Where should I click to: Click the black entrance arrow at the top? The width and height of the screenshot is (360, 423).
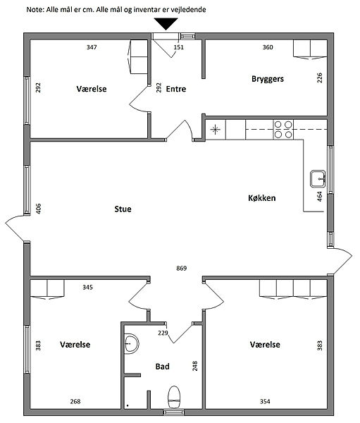click(x=166, y=23)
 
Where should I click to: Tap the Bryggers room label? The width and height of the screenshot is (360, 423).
click(x=268, y=79)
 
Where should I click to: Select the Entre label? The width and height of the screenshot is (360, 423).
click(x=176, y=89)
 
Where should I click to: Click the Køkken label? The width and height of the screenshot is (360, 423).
click(x=262, y=198)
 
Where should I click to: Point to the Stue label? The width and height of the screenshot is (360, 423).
click(x=123, y=209)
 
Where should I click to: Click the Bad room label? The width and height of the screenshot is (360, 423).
click(x=162, y=367)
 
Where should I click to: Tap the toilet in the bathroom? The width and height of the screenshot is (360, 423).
click(x=174, y=398)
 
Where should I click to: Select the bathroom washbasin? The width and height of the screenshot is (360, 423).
click(x=131, y=344)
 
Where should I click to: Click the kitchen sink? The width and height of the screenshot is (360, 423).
click(x=318, y=178)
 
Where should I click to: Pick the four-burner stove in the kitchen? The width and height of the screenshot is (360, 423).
click(x=283, y=130)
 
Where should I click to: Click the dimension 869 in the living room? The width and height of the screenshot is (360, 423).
click(x=182, y=268)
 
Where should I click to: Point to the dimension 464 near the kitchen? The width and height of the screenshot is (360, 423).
click(x=320, y=197)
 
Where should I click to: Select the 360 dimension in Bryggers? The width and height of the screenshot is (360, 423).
click(x=268, y=47)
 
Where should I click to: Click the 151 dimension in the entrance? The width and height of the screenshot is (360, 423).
click(x=178, y=47)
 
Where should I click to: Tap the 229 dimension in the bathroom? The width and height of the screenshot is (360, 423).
click(x=163, y=333)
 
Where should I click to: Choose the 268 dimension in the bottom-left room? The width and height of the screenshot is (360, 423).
click(x=75, y=401)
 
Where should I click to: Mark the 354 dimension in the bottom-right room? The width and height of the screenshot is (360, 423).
click(x=265, y=401)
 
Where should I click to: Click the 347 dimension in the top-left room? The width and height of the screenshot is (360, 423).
click(x=92, y=47)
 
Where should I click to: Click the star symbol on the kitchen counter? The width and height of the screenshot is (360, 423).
click(x=215, y=130)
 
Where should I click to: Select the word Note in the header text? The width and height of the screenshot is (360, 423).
click(x=35, y=10)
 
